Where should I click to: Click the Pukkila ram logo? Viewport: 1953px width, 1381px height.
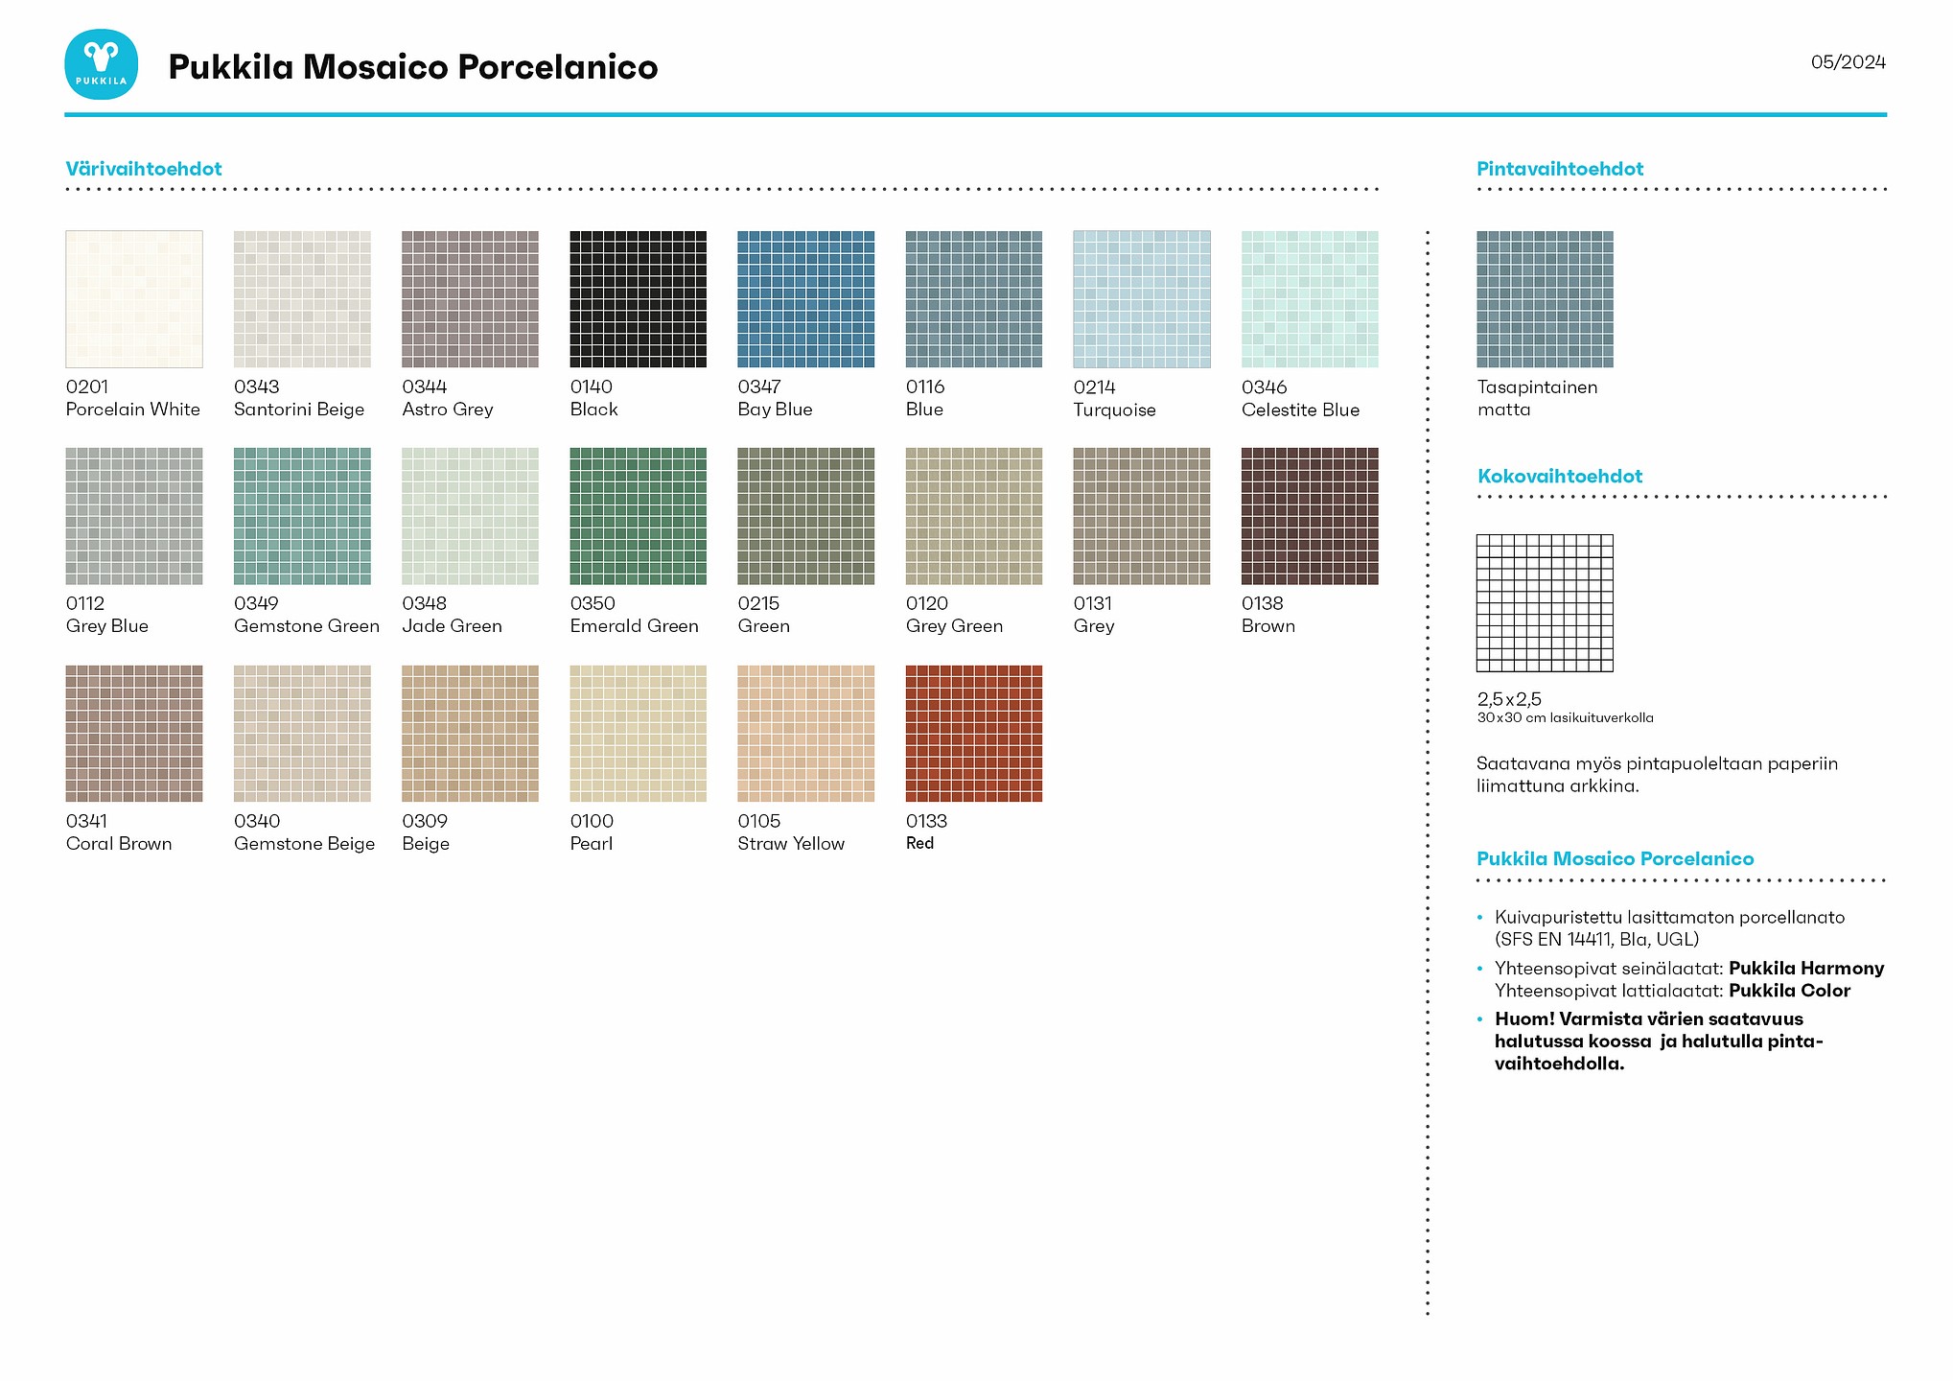(x=101, y=64)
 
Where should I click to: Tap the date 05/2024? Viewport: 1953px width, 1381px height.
(x=1848, y=62)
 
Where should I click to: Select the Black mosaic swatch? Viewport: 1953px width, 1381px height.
(x=638, y=299)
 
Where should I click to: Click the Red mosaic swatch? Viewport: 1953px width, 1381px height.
(x=973, y=734)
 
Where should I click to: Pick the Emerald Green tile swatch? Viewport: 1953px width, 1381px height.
(x=638, y=516)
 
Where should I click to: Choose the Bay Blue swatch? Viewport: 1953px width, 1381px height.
(x=805, y=299)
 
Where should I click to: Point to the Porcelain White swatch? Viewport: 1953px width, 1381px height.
(x=134, y=299)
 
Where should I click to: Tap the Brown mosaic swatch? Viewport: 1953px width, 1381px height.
(x=1310, y=516)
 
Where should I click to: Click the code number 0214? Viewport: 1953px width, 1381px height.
(x=1094, y=387)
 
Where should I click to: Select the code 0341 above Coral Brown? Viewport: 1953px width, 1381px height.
(x=86, y=821)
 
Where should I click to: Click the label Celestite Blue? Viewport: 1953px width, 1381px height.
(x=1300, y=410)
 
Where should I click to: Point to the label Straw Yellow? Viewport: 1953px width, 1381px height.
(x=791, y=844)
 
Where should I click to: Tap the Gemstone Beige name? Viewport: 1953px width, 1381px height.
(x=304, y=844)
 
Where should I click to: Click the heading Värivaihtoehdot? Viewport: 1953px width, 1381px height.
(x=144, y=169)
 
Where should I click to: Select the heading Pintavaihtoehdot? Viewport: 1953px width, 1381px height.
(x=1560, y=169)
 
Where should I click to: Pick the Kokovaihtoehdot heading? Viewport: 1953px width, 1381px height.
(x=1560, y=477)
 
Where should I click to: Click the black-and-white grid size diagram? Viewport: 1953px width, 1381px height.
(x=1545, y=603)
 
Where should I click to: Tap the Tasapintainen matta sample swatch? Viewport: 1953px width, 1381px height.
(x=1545, y=299)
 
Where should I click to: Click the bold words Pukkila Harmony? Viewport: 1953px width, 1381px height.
(x=1806, y=969)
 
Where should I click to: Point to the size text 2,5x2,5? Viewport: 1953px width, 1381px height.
(x=1509, y=699)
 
